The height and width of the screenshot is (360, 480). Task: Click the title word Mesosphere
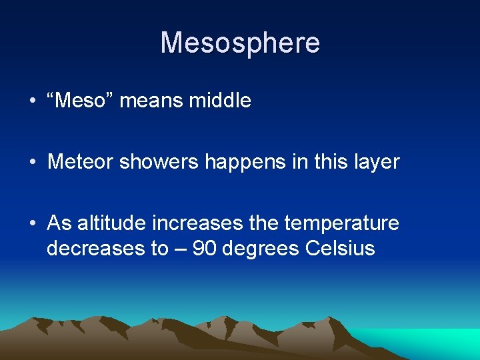point(240,43)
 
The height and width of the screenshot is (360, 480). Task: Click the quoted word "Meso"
point(83,101)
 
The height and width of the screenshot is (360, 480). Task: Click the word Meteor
point(80,162)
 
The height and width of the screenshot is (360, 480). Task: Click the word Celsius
point(340,249)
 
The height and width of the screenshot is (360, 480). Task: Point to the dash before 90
point(182,249)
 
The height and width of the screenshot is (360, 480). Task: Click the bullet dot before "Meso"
point(32,101)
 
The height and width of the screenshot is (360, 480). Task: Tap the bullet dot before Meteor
point(32,163)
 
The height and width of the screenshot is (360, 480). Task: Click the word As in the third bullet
point(59,223)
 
